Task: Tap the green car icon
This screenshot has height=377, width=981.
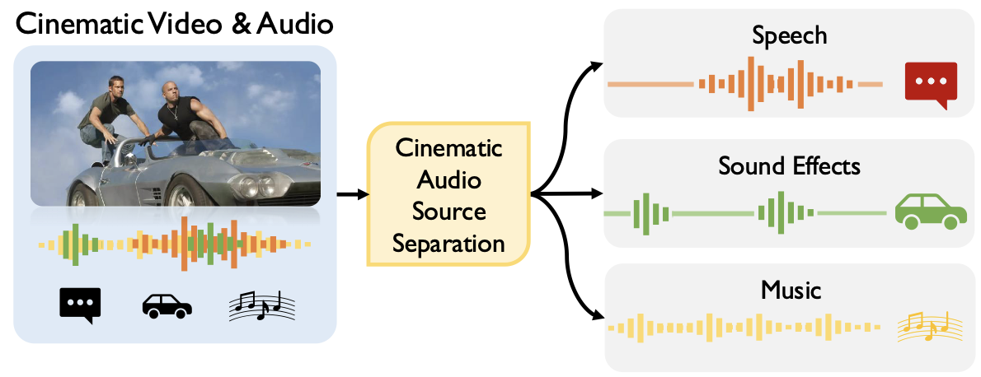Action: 930,212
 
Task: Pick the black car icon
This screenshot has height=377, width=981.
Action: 167,306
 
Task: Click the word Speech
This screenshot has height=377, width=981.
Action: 789,36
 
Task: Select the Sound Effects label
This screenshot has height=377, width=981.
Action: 789,166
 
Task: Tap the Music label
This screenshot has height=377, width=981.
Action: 789,290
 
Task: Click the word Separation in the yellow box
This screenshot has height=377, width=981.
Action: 448,244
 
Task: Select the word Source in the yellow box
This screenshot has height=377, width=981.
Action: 448,212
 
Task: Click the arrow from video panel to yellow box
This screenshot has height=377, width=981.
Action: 351,195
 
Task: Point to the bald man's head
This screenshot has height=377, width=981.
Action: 173,86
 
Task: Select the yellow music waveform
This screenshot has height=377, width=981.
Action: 742,328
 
